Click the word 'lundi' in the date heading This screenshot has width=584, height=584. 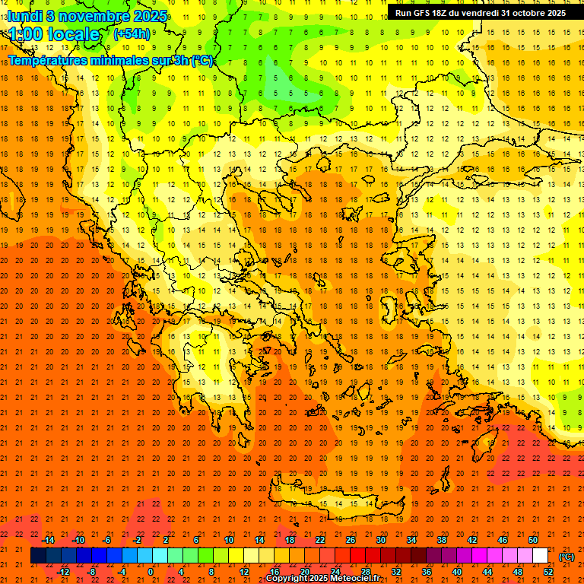(25, 15)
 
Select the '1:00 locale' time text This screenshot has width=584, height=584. (54, 34)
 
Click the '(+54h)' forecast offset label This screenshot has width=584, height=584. (132, 34)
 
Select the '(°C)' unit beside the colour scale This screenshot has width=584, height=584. (566, 557)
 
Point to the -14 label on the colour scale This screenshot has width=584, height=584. (48, 540)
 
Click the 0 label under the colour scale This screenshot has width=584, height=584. (151, 572)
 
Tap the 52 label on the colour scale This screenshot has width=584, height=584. (548, 572)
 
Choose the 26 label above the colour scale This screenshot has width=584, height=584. (351, 540)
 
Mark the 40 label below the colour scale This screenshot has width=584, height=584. (456, 572)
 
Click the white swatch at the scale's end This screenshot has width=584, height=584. (540, 556)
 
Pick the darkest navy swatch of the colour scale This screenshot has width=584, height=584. (38, 556)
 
